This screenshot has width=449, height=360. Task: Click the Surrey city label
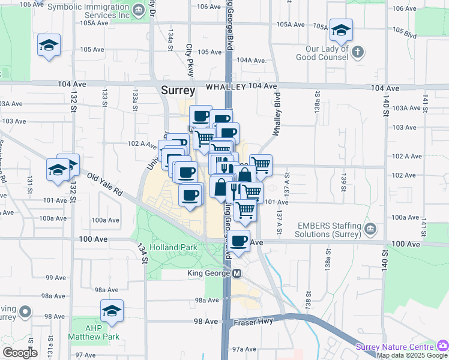[x=178, y=91]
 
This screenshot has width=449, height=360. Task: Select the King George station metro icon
[x=237, y=274]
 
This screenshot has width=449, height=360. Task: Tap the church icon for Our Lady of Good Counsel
[x=358, y=51]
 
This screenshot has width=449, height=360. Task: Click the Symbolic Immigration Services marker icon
[x=139, y=9]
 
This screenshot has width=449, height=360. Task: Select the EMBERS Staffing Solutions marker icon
[x=370, y=229]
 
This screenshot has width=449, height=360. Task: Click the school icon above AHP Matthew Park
[x=112, y=311]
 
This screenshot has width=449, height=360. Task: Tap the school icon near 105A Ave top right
[x=341, y=30]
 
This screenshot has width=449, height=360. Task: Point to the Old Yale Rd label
[x=104, y=185]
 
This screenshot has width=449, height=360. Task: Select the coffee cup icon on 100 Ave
[x=239, y=241]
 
